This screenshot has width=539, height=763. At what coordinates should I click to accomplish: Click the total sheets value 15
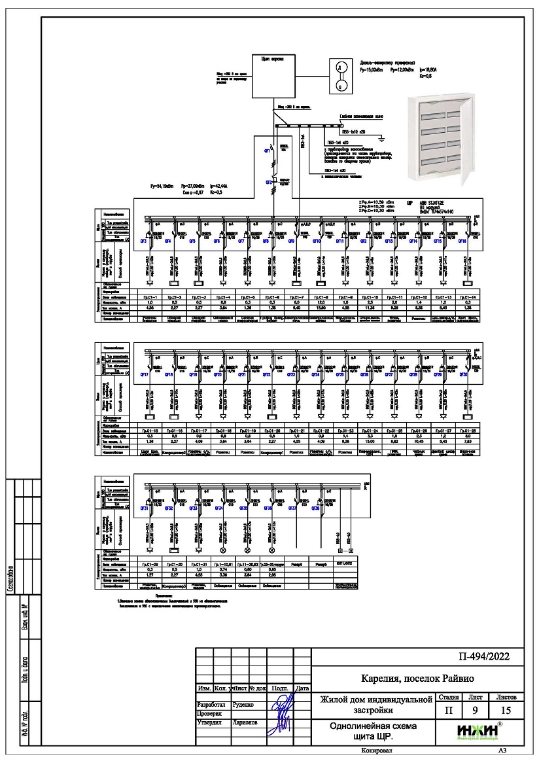click(x=507, y=709)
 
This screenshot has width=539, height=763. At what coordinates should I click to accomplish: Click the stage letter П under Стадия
click(x=448, y=709)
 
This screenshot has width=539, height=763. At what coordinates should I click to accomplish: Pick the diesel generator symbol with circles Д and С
click(x=339, y=76)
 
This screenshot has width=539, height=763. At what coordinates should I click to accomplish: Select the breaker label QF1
click(x=268, y=151)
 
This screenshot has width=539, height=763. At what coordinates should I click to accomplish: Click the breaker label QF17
click(x=145, y=375)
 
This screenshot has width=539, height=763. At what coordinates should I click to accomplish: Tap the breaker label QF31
click(x=145, y=508)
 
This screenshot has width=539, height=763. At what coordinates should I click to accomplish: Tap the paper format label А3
click(x=502, y=751)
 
